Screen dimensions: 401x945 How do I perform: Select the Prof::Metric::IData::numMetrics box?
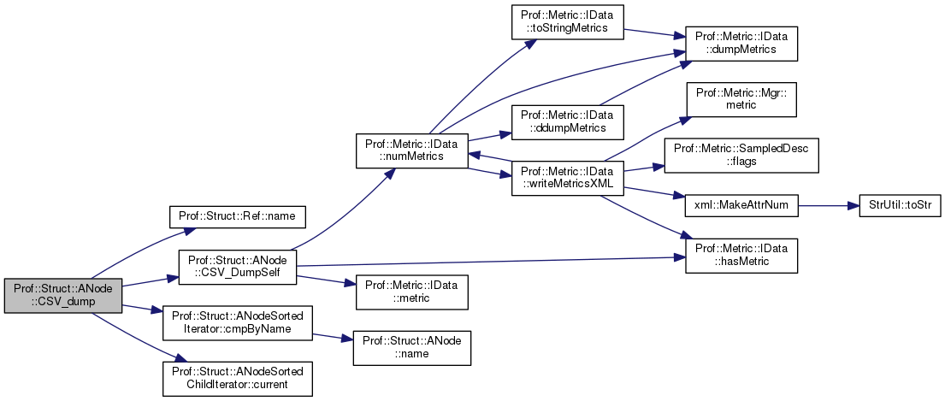pos(413,150)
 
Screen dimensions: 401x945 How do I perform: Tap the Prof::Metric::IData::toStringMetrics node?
pos(566,21)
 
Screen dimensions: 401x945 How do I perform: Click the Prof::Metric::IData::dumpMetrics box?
pos(741,44)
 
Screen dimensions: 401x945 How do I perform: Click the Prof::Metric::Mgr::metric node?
pos(741,98)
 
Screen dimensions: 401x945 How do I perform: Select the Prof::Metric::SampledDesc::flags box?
pos(741,155)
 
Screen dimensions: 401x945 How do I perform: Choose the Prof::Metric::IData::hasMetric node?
pos(741,256)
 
